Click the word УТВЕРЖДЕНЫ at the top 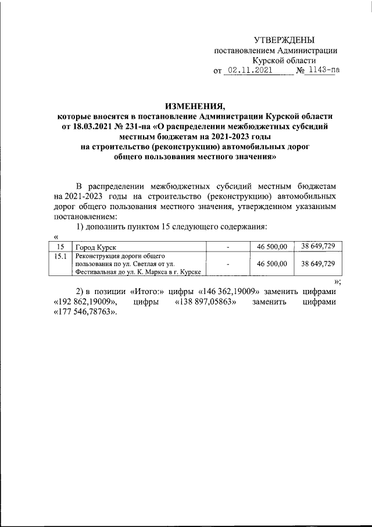click(x=284, y=40)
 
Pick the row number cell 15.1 click(x=60, y=256)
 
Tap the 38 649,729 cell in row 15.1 click(x=318, y=264)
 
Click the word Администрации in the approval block click(x=309, y=50)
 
